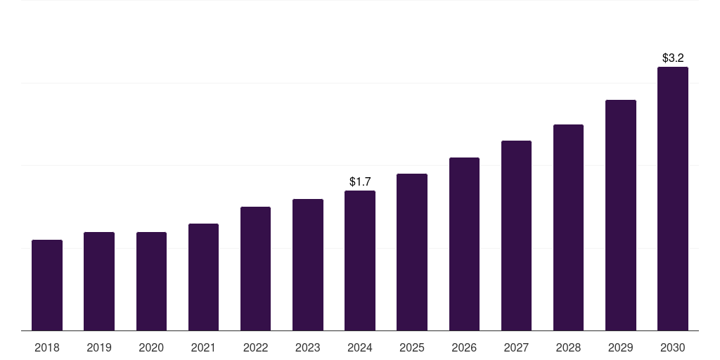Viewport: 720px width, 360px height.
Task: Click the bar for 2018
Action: point(47,285)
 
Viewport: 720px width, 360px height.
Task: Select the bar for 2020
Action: point(151,281)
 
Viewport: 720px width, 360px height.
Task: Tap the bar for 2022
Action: point(255,269)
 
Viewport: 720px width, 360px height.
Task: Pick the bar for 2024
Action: point(360,260)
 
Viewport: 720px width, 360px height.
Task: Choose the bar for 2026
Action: point(464,244)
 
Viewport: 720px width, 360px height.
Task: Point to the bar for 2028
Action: point(568,227)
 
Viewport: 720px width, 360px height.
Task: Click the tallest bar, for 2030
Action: point(673,198)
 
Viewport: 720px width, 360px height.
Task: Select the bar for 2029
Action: point(620,215)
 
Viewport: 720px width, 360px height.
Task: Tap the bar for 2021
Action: point(203,277)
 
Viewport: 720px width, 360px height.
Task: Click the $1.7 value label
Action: point(360,182)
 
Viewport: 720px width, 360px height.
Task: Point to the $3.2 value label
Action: point(673,58)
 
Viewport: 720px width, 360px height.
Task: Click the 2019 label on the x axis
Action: point(99,347)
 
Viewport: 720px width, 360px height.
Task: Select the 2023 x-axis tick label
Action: point(308,347)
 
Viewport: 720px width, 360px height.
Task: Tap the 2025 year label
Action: point(412,347)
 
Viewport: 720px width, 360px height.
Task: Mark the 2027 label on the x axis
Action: point(516,347)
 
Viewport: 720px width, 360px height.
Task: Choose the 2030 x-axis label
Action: point(673,347)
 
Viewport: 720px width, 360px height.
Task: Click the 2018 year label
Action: point(47,347)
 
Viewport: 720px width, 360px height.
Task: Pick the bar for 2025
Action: point(412,252)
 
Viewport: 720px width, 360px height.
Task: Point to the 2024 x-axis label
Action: point(360,347)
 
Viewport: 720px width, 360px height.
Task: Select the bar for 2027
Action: point(516,236)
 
